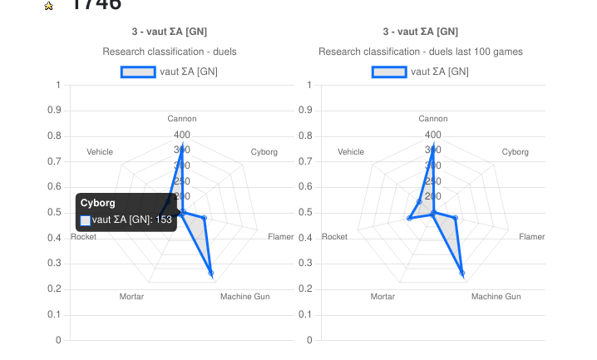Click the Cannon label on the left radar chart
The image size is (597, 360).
(182, 119)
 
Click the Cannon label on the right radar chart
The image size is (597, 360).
(433, 119)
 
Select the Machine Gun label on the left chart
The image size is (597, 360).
(244, 297)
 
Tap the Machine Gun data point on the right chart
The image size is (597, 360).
(462, 274)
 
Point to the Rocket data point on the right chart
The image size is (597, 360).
(409, 219)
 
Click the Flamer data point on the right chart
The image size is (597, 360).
(455, 218)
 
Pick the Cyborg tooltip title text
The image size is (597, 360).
(98, 203)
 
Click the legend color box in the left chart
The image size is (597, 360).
(138, 72)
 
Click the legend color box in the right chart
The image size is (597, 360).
(389, 72)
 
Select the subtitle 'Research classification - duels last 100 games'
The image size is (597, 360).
(421, 52)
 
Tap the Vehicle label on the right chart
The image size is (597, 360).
(351, 152)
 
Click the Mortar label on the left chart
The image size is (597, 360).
(131, 297)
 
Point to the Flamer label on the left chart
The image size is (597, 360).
(281, 237)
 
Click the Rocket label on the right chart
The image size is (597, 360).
(334, 237)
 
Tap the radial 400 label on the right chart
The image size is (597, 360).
(433, 135)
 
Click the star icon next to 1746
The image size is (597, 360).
(49, 6)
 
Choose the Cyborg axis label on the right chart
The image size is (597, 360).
(516, 152)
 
